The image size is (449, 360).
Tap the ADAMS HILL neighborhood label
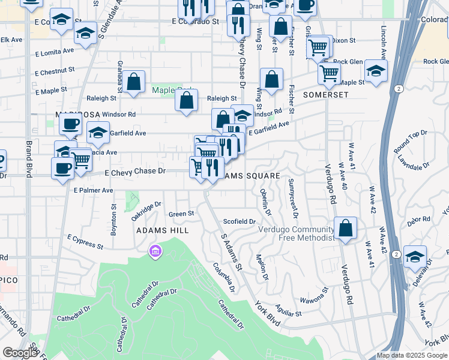tap(162, 230)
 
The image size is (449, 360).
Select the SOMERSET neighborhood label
tap(325, 95)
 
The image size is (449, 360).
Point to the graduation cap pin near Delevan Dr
tap(415, 257)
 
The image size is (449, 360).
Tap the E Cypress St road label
tap(85, 242)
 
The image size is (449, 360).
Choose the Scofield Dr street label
tap(239, 221)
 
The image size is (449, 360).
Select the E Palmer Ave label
tap(93, 190)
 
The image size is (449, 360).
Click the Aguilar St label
tap(289, 313)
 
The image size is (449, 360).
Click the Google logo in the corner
tap(20, 353)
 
